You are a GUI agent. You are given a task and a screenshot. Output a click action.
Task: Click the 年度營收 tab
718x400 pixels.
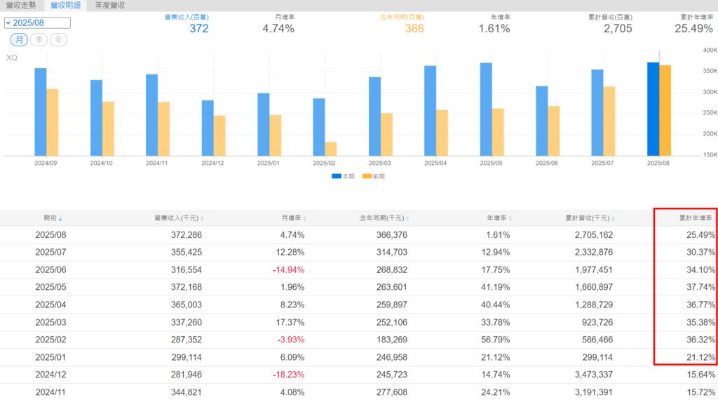(x=110, y=5)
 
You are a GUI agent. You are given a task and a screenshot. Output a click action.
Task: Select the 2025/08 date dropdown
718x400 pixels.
(x=37, y=22)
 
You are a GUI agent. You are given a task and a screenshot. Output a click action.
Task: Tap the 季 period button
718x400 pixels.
(x=39, y=39)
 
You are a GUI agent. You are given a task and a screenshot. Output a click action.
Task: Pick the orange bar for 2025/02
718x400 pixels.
(x=331, y=149)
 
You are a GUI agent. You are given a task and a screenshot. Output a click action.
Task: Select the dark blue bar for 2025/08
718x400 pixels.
(x=653, y=109)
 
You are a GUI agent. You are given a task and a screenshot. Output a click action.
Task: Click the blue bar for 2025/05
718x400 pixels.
(x=486, y=109)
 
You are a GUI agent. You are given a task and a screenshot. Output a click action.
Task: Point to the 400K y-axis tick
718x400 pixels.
(x=710, y=51)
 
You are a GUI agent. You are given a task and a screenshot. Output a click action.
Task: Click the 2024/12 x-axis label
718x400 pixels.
(x=213, y=163)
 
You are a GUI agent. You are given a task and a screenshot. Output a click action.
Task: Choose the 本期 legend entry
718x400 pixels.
(x=343, y=176)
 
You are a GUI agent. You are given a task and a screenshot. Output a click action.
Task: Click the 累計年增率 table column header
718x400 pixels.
(x=698, y=218)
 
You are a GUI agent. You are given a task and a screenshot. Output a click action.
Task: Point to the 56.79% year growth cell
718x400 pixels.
(x=494, y=340)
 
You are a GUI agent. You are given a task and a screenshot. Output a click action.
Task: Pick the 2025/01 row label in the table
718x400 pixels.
(x=50, y=357)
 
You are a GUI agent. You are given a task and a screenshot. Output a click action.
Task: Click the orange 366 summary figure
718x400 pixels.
(x=414, y=29)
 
